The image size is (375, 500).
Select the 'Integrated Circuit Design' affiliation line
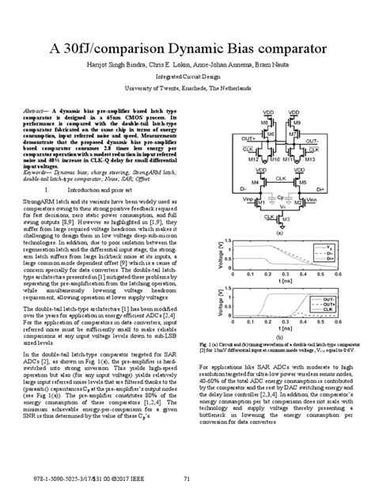[187, 77]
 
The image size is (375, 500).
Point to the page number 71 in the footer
[187, 477]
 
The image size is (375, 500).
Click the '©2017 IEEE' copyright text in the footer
[122, 477]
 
